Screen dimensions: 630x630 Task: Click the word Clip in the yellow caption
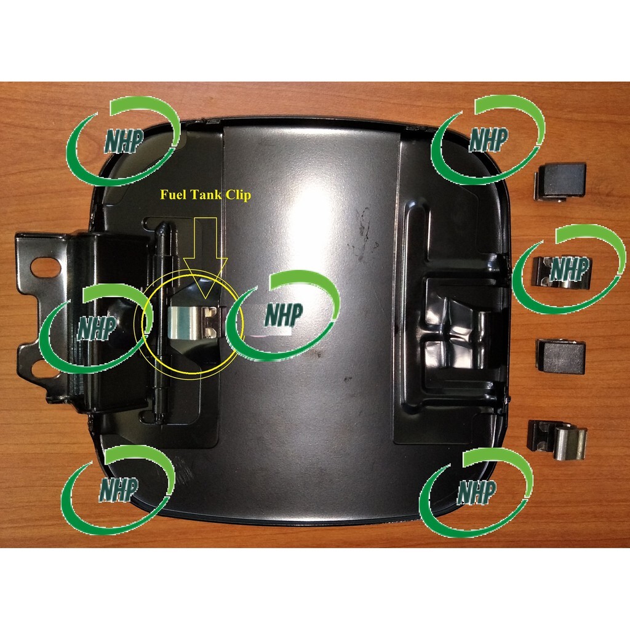point(239,195)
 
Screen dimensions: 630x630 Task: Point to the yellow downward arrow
point(205,258)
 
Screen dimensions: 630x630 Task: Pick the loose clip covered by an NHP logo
point(561,273)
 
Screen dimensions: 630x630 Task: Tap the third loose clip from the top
point(561,356)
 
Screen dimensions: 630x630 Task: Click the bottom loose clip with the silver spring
point(557,441)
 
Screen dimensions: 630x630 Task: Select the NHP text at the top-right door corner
point(488,140)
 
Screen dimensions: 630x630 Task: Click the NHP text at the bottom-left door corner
point(118,490)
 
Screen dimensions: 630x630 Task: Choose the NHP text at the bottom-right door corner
point(476,492)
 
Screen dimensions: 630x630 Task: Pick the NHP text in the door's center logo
point(283,314)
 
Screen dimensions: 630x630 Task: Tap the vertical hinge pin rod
point(162,321)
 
